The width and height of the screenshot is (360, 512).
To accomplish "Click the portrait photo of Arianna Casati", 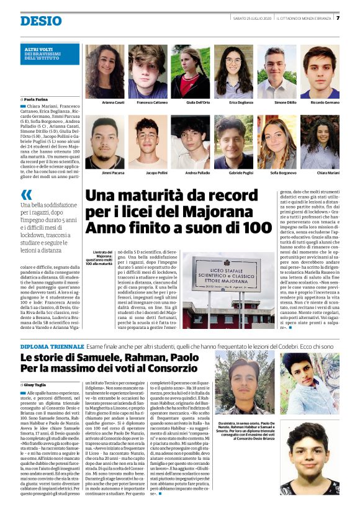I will click(x=104, y=71).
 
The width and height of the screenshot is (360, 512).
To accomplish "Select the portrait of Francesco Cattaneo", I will click(x=148, y=71).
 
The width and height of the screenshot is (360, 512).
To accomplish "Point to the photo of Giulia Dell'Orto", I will click(x=191, y=71).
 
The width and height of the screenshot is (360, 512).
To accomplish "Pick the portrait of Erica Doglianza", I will click(x=233, y=71).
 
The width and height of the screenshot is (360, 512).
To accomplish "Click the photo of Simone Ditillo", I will click(x=277, y=71).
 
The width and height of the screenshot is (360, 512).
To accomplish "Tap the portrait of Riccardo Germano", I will click(x=320, y=71).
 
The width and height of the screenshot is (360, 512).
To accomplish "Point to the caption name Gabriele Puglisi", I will click(x=233, y=172).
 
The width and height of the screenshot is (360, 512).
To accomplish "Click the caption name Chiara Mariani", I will click(x=320, y=172).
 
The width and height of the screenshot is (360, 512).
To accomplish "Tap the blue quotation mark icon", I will click(x=26, y=194).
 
